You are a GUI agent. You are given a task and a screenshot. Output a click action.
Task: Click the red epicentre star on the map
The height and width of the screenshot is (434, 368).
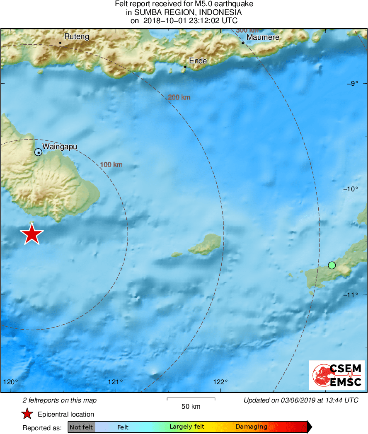(31, 234)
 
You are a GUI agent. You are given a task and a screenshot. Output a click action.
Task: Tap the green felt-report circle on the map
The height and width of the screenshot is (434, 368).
(332, 265)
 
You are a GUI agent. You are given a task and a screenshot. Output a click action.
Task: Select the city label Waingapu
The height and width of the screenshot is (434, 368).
(60, 147)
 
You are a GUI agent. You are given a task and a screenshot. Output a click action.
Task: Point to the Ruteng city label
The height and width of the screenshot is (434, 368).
(76, 37)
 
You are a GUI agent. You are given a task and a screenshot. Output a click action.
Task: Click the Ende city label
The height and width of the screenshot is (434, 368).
(198, 61)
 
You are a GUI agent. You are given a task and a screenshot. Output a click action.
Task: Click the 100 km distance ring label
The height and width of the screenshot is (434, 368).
(111, 165)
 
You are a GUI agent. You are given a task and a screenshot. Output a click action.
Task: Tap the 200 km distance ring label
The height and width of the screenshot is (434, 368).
(179, 97)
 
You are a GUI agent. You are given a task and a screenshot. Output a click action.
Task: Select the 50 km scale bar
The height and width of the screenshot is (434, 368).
(191, 399)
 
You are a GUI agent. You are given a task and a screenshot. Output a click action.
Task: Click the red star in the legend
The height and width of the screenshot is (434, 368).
(27, 414)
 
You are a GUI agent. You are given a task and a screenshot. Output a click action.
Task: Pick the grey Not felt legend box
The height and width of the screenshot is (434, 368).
(81, 427)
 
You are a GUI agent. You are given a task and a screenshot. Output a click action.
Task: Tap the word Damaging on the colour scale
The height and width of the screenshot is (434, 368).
(251, 427)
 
